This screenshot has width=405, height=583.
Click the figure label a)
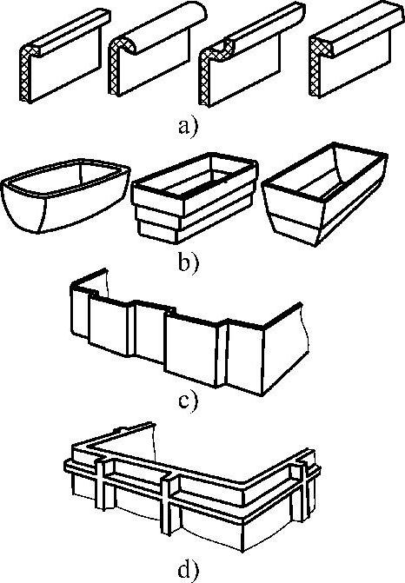[x=189, y=127]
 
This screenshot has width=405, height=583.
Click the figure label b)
[x=189, y=262]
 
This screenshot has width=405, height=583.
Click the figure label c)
[x=189, y=401]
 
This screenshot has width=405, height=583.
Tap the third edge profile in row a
[x=251, y=55]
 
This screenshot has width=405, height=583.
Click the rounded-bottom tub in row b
[x=65, y=196]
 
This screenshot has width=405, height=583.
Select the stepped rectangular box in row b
[x=195, y=198]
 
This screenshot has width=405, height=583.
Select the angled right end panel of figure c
[x=285, y=349]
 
